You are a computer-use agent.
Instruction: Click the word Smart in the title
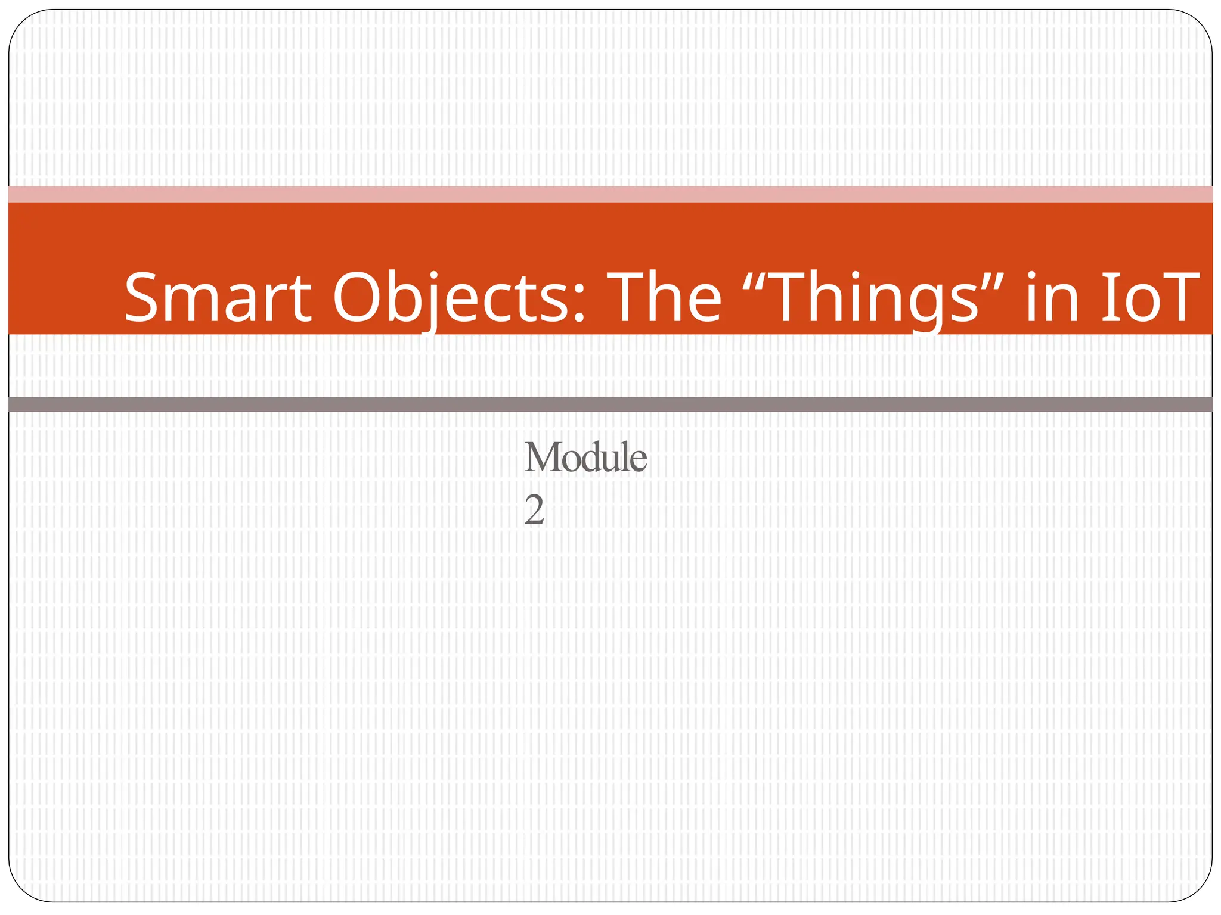point(218,298)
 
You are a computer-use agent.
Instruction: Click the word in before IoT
point(1052,298)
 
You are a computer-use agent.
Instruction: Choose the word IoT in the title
point(1150,298)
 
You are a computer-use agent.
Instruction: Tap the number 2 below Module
point(534,511)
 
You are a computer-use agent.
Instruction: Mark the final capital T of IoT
point(1177,298)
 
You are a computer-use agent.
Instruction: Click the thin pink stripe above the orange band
point(610,194)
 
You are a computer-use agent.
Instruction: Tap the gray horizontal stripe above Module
point(610,404)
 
